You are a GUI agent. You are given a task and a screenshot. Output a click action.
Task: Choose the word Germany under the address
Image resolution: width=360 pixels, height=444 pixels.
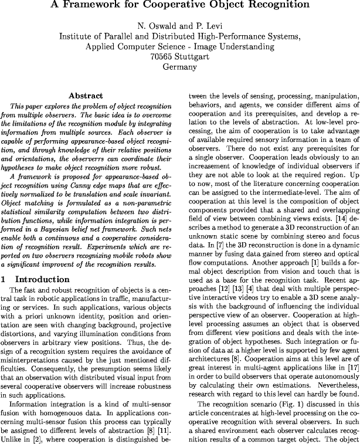click(x=179, y=67)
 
